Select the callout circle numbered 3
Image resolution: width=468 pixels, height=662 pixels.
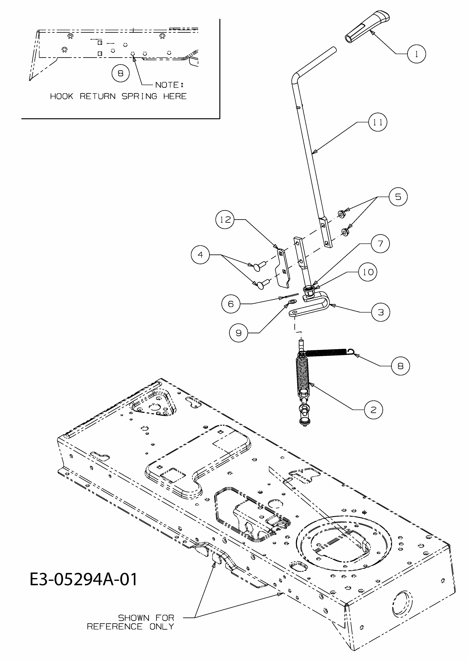(x=381, y=312)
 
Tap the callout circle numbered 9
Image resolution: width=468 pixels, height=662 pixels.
(x=238, y=333)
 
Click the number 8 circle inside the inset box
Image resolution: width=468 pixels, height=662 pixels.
(x=120, y=73)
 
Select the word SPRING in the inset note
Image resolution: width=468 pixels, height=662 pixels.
(x=139, y=96)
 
